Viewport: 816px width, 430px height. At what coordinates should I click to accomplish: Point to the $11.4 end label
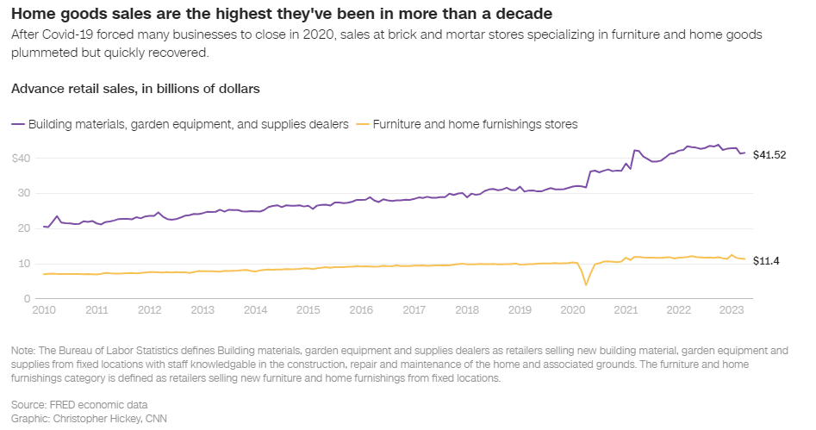(766, 261)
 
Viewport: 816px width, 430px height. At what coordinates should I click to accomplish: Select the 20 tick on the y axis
(23, 228)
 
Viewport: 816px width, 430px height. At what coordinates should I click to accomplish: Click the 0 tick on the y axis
(27, 298)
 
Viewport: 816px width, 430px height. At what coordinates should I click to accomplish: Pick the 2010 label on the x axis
(43, 309)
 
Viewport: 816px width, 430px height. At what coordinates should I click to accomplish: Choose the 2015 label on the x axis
(308, 309)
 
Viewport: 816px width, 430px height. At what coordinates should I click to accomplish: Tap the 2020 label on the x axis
(572, 309)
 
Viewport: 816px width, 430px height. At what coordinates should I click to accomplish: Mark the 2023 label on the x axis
(731, 309)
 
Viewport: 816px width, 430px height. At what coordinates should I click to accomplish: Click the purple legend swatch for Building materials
(17, 124)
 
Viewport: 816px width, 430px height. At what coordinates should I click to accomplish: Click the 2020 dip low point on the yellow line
(586, 284)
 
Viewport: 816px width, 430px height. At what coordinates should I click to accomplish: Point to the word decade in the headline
(522, 14)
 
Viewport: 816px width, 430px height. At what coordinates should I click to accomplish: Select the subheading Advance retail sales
(135, 88)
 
